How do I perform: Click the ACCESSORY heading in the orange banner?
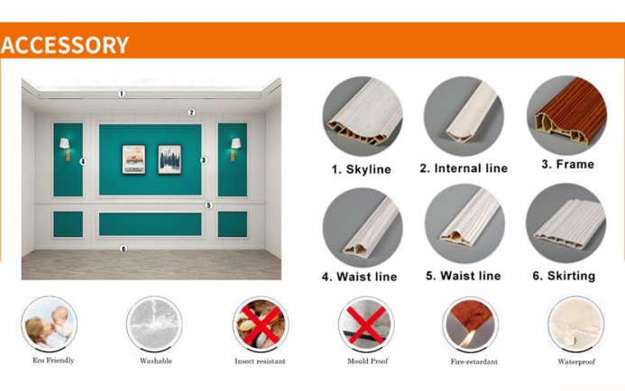point(65,44)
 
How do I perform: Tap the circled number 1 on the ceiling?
point(121,94)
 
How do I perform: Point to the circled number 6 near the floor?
point(124,249)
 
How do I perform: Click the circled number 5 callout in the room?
point(208,205)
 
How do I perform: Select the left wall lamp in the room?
point(65,149)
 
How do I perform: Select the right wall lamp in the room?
point(235,149)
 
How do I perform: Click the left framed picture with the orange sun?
point(133,159)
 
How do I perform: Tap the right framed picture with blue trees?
point(170,159)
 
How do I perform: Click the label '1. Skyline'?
point(361,169)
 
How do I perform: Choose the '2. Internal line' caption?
point(464,168)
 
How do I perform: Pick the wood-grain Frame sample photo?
point(566,115)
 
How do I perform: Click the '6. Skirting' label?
point(564,276)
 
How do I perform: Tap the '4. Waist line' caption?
point(360,277)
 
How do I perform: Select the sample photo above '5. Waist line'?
point(464,223)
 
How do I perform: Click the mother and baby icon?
point(50,323)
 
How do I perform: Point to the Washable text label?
point(156,361)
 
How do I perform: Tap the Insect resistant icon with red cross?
point(261,324)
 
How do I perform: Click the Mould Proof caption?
point(367,361)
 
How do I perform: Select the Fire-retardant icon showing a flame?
point(471,324)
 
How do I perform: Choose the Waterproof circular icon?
point(576,324)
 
